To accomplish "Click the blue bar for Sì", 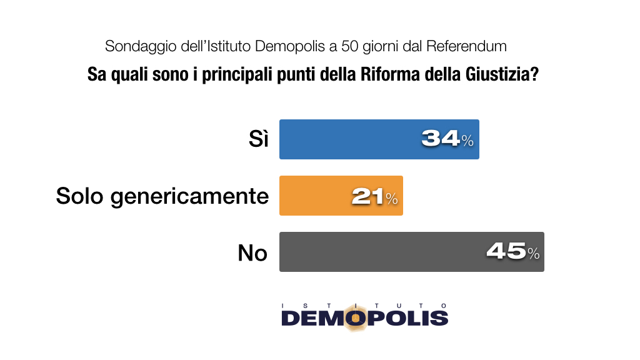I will click(x=350, y=139).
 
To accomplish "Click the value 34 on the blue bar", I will click(x=441, y=139).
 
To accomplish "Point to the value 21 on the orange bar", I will click(x=367, y=196).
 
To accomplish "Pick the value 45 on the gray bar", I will click(x=506, y=252).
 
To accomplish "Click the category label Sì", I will click(x=257, y=139).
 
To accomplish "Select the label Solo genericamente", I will click(x=162, y=196).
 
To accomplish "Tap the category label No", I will click(x=252, y=252).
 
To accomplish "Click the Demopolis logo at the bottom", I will click(x=364, y=317).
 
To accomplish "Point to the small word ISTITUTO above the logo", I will click(x=364, y=305).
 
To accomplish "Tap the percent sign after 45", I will click(x=533, y=254).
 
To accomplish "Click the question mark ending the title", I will click(x=534, y=75).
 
